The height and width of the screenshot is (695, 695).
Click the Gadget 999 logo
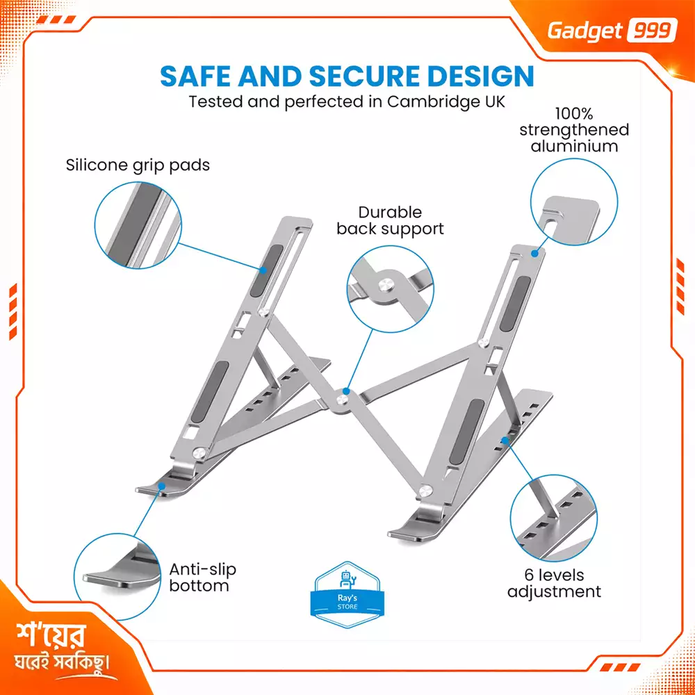612,31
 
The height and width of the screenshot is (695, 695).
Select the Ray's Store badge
347,595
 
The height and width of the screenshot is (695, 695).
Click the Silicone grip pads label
138,165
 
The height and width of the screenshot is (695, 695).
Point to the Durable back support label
390,220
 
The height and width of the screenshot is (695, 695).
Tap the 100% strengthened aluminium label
574,130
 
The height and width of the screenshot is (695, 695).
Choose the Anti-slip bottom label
202,577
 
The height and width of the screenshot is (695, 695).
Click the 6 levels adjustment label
554,583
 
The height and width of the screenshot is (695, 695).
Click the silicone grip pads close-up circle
138,225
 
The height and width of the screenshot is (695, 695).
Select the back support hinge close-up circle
390,289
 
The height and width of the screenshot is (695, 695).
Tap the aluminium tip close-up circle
574,202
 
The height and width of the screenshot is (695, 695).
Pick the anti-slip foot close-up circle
117,576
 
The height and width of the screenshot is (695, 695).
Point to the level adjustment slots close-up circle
554,518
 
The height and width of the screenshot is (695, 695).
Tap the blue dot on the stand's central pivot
346,391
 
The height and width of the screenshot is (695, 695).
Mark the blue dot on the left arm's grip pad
263,270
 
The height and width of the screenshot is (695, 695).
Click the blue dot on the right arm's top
535,254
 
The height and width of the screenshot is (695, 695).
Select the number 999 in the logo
652,31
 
